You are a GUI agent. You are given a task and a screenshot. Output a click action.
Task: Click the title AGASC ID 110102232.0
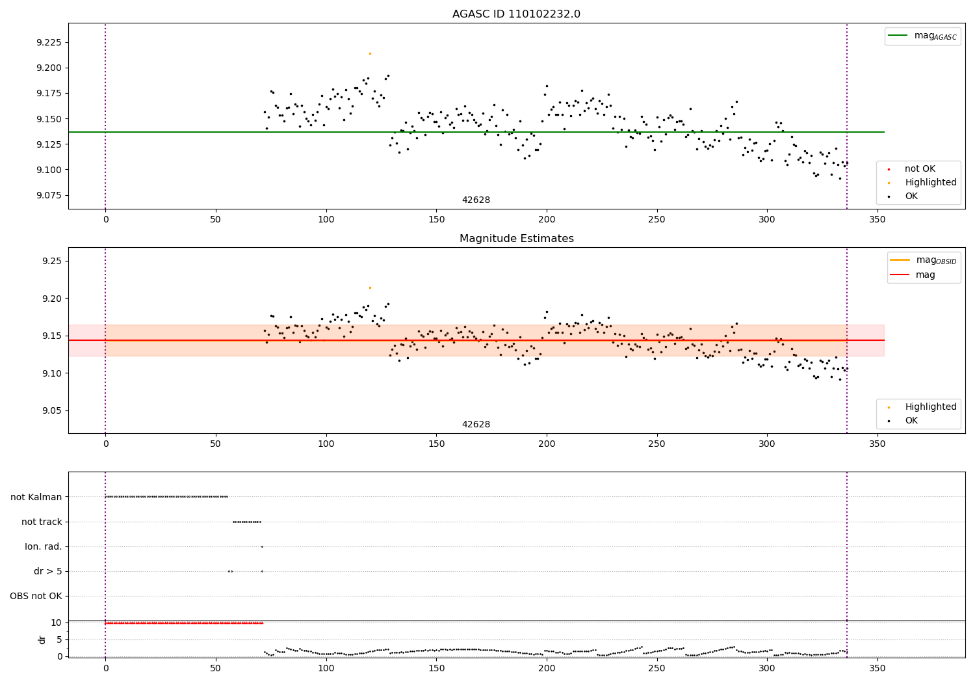(x=516, y=14)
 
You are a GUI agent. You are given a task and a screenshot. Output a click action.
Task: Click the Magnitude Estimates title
(x=516, y=239)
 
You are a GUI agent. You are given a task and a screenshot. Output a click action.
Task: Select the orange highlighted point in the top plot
(x=370, y=53)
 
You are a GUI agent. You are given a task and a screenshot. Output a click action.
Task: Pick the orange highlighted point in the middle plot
(x=370, y=288)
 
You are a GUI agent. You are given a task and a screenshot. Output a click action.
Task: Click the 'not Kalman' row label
(x=36, y=497)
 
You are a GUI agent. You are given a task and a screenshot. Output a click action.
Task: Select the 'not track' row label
(x=42, y=522)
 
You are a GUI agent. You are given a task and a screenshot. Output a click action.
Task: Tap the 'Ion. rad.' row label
(x=44, y=546)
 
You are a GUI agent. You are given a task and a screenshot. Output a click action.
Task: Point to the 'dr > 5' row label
(x=48, y=571)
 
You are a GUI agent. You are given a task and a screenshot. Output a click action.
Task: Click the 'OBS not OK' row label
(x=36, y=596)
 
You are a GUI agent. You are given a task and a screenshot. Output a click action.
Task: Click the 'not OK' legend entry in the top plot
(x=920, y=169)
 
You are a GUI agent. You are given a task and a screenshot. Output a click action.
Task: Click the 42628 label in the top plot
(x=476, y=200)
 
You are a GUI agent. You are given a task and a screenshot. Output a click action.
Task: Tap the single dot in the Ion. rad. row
(x=262, y=546)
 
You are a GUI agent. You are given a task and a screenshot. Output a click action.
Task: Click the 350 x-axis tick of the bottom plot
(x=877, y=667)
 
